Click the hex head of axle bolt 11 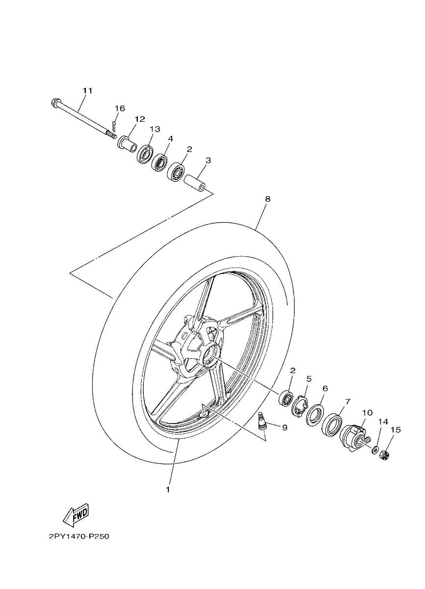pyautogui.click(x=55, y=103)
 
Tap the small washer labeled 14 pyautogui.click(x=375, y=449)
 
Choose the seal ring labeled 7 pyautogui.click(x=332, y=424)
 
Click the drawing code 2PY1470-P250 pyautogui.click(x=79, y=536)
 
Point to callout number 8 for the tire pyautogui.click(x=267, y=199)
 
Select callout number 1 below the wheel pyautogui.click(x=167, y=489)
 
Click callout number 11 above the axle pyautogui.click(x=87, y=91)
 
